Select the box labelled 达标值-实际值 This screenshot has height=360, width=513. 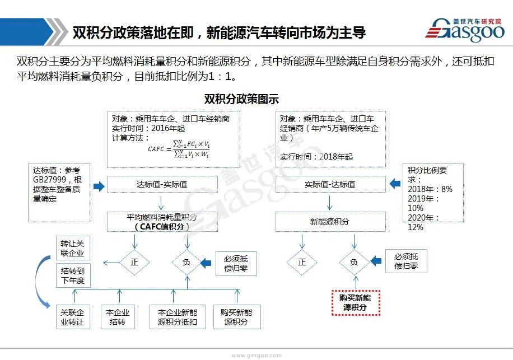(x=162, y=184)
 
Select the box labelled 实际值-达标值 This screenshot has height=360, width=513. (x=330, y=184)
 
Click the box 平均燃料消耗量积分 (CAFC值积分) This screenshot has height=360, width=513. (x=162, y=222)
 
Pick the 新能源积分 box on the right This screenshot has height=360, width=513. (x=330, y=222)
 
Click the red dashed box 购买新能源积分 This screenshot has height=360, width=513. (x=355, y=303)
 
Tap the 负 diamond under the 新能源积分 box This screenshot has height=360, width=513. (x=354, y=262)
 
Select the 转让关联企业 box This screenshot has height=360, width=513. (x=73, y=247)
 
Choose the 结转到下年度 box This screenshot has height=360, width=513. (x=73, y=275)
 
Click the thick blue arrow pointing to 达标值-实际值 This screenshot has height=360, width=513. (x=99, y=186)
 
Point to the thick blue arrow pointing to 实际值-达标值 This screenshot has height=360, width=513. (x=394, y=183)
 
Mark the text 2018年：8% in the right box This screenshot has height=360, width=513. (x=431, y=189)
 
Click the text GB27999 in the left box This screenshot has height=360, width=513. (x=49, y=180)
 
